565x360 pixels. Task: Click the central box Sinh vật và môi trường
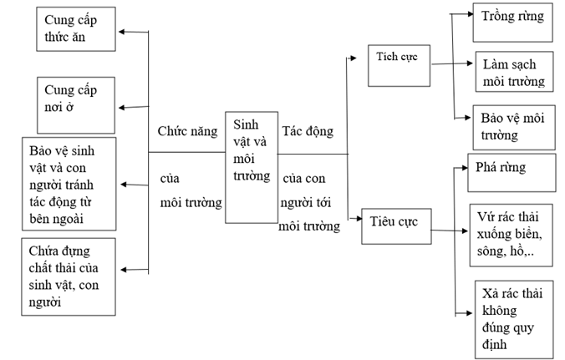(x=251, y=166)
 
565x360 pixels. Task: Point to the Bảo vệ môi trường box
(x=506, y=125)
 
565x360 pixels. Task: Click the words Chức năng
(x=187, y=131)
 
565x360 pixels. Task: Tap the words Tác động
(x=308, y=131)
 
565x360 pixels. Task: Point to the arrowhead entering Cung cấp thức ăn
(x=123, y=32)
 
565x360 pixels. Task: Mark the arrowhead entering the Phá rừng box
(x=461, y=168)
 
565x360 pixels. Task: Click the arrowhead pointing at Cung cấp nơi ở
(x=123, y=107)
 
